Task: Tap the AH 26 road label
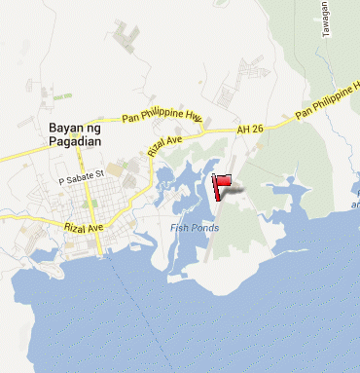click(250, 130)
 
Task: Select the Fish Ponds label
click(195, 228)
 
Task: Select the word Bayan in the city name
click(63, 128)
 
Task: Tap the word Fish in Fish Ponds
click(179, 228)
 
